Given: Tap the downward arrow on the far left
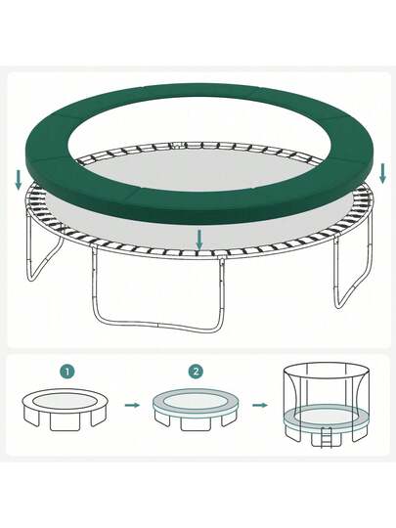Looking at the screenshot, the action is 19,180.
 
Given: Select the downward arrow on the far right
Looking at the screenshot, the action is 382,173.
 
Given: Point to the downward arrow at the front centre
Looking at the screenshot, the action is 199,240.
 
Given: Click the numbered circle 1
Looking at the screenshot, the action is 67,372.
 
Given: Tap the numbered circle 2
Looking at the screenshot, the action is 196,372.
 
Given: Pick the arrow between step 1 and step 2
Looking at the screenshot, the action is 132,405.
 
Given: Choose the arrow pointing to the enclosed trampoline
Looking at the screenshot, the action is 260,405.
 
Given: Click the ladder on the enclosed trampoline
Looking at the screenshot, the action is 326,437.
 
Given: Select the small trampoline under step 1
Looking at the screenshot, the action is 65,409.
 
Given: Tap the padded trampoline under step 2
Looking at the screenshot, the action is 196,409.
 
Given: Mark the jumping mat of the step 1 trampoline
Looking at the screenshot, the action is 65,402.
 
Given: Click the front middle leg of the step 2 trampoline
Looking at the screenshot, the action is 196,423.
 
